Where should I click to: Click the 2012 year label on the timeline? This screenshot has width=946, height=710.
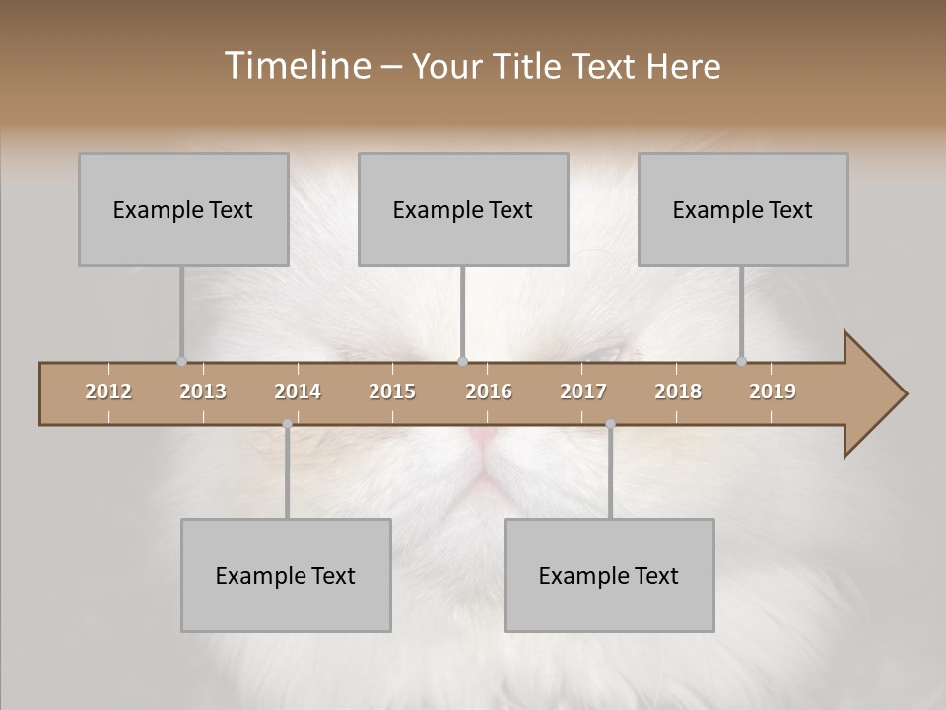pyautogui.click(x=108, y=391)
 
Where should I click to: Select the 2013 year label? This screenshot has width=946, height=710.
pyautogui.click(x=203, y=391)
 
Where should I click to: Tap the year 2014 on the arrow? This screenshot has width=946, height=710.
pyautogui.click(x=298, y=391)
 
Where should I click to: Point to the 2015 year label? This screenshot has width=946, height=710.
pyautogui.click(x=392, y=391)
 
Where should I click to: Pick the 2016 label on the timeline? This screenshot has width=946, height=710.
pyautogui.click(x=489, y=391)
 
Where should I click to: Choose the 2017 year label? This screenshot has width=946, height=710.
pyautogui.click(x=583, y=391)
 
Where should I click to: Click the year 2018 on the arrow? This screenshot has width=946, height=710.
pyautogui.click(x=678, y=391)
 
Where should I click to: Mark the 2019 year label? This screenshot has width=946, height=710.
pyautogui.click(x=773, y=391)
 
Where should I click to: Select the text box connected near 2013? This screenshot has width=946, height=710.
pyautogui.click(x=183, y=209)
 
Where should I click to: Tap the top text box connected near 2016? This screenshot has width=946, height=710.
pyautogui.click(x=463, y=209)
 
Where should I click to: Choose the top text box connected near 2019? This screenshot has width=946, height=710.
pyautogui.click(x=743, y=209)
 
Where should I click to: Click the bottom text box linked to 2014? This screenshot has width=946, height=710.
pyautogui.click(x=286, y=575)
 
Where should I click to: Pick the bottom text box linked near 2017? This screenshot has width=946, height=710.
pyautogui.click(x=609, y=575)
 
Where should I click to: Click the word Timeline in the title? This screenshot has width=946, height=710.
pyautogui.click(x=296, y=66)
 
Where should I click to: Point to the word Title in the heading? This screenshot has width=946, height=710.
pyautogui.click(x=531, y=66)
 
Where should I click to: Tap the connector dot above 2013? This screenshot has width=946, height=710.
pyautogui.click(x=181, y=361)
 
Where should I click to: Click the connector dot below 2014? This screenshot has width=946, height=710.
pyautogui.click(x=287, y=424)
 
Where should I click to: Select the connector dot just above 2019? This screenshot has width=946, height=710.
pyautogui.click(x=741, y=361)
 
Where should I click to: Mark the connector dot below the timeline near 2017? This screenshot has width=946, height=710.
pyautogui.click(x=610, y=424)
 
